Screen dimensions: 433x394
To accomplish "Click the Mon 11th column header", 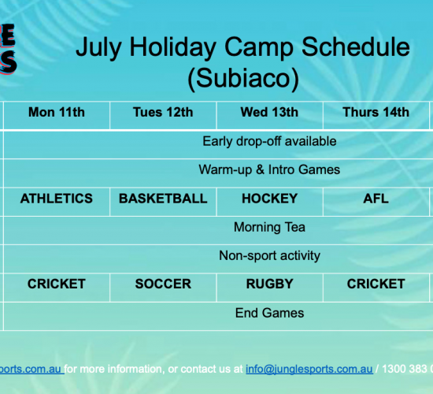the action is coord(57,112).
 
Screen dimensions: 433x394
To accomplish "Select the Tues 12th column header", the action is coord(163,112).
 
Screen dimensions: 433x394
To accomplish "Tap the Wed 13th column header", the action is coord(269,112).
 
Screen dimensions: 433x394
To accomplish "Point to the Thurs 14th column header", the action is coord(376,112).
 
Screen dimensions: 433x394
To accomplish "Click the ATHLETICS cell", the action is coord(57,199).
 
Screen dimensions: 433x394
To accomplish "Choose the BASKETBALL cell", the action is coord(163,199).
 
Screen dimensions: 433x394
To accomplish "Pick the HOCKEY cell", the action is coord(269,199).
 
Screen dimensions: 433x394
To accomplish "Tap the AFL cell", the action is coord(376,199).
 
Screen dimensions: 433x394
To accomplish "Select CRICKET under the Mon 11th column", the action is coord(57,284).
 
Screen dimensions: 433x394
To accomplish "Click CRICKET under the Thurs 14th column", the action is coord(376,284).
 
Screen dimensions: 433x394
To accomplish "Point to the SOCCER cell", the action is coord(163,284).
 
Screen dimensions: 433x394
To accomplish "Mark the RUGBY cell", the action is coord(269,284).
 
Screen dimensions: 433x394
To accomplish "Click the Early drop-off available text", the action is coord(269,141).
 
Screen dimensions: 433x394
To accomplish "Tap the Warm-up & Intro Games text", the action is coord(269,169).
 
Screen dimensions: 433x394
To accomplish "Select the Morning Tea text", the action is coord(269,227).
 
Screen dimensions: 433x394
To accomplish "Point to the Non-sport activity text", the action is coord(269,255).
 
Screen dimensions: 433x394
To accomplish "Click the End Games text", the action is coord(269,313).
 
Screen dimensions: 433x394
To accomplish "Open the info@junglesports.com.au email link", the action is coord(309,369).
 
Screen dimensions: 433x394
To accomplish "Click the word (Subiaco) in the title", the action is coord(243,78).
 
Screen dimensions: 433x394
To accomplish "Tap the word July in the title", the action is coord(99,47).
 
